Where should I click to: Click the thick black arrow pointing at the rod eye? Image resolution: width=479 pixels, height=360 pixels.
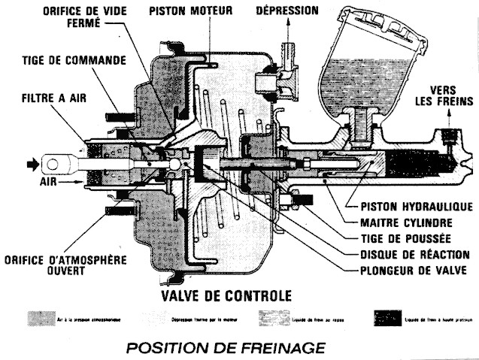(x=32, y=162)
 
